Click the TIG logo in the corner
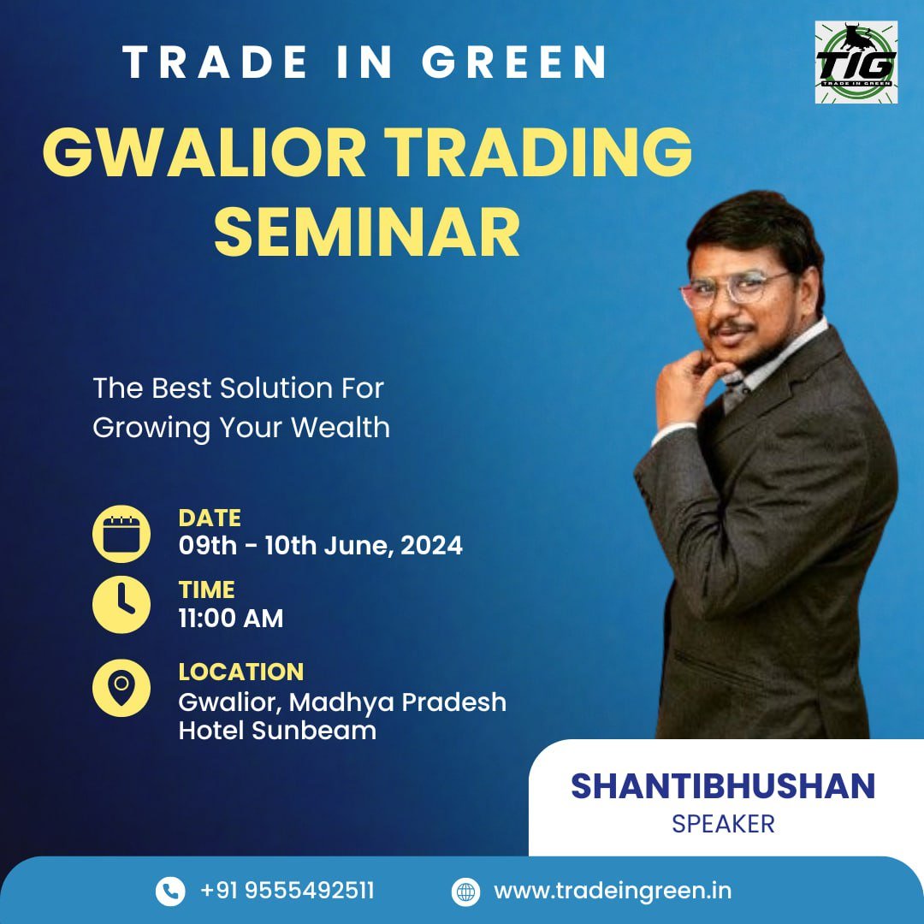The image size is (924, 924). click(856, 62)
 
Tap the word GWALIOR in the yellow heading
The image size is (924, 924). click(204, 152)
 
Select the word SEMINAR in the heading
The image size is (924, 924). click(366, 232)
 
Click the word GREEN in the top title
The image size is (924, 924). click(514, 62)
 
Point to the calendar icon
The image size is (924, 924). click(121, 534)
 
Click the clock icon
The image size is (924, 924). click(121, 605)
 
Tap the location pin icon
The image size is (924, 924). click(121, 688)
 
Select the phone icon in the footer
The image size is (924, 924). click(170, 891)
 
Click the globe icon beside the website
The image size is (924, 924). click(465, 891)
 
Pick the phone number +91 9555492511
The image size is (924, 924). click(287, 891)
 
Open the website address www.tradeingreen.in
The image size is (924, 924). click(613, 891)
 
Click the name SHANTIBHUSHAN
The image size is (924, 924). click(723, 786)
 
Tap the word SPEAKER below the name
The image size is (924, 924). click(723, 824)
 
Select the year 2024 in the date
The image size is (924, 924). click(431, 546)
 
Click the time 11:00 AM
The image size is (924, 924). click(231, 619)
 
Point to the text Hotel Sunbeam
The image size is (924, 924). click(277, 731)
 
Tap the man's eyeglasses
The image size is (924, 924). click(735, 288)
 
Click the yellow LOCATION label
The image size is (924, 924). click(241, 672)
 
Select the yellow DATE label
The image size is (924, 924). click(210, 518)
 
